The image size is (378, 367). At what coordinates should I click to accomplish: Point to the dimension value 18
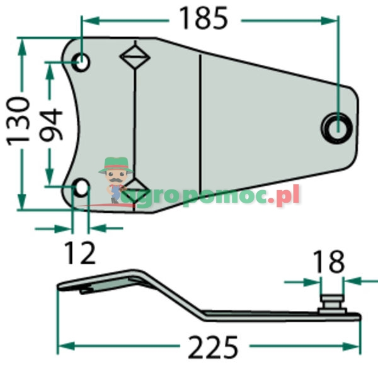click(327, 261)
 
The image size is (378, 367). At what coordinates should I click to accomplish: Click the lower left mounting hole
click(81, 186)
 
